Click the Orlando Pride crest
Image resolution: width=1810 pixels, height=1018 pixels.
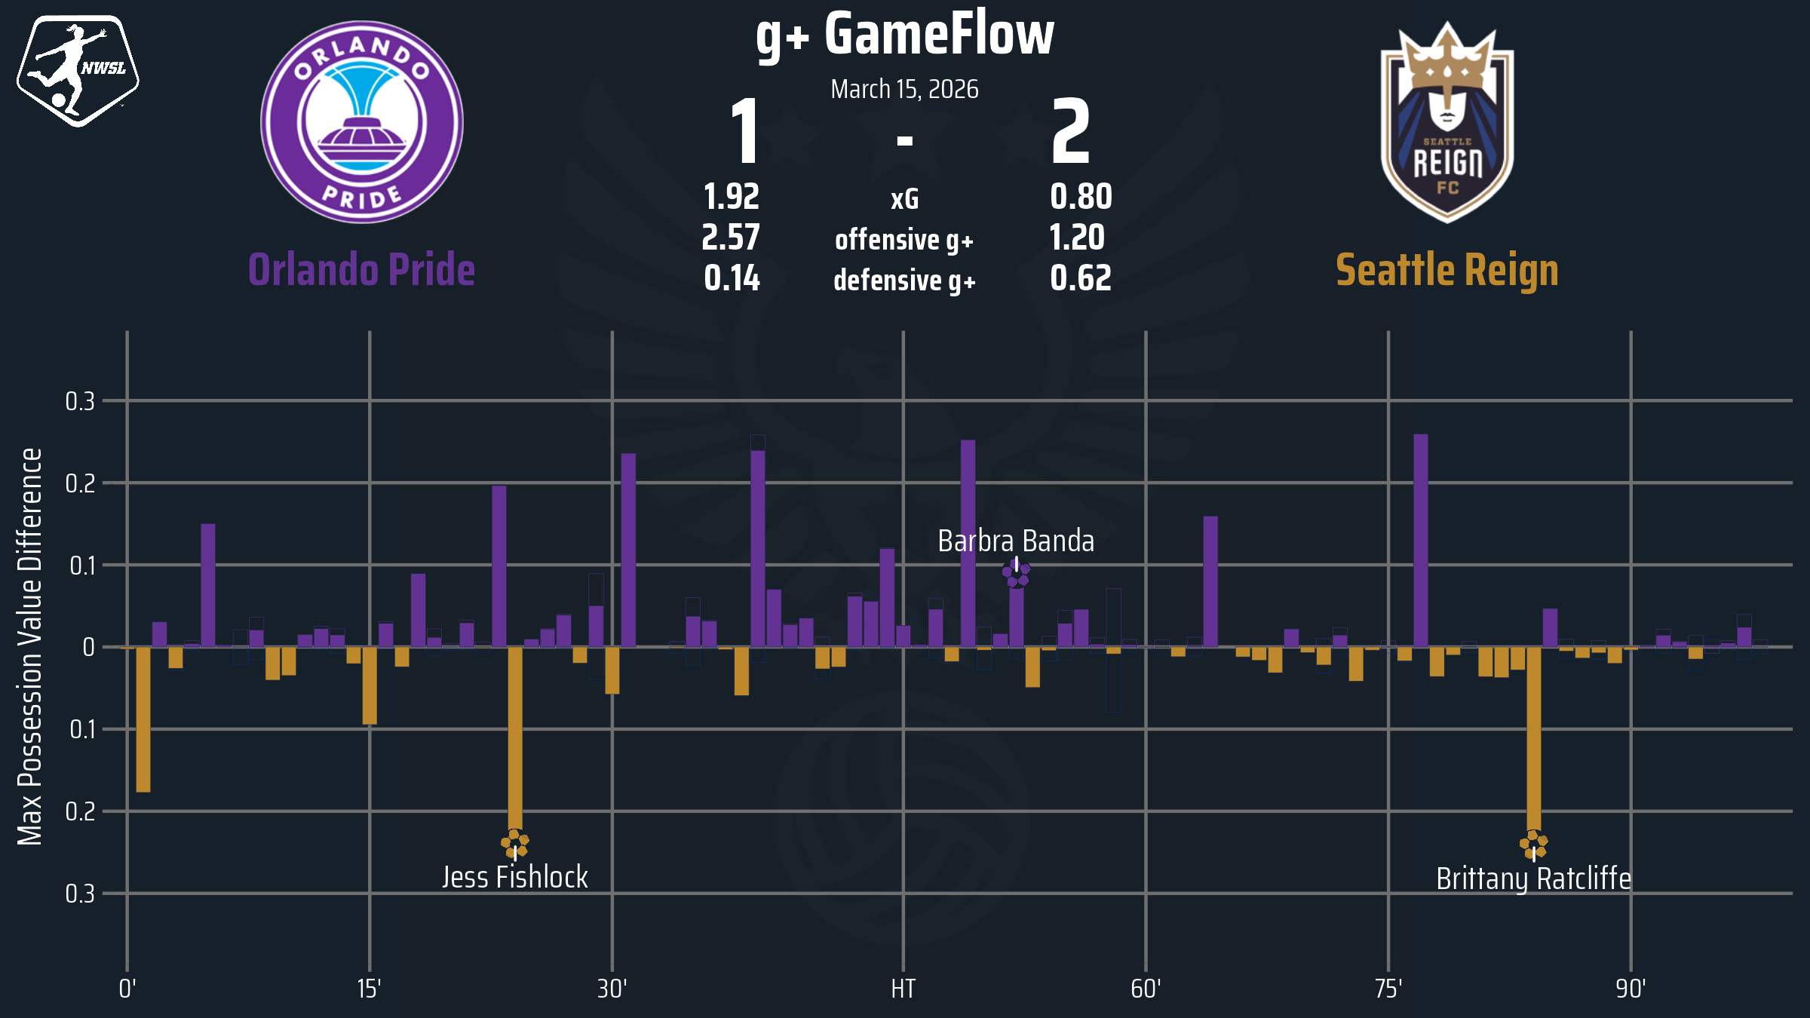click(x=362, y=122)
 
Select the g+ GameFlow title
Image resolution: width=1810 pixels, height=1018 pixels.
click(x=904, y=35)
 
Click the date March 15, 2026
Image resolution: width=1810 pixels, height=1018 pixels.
click(x=904, y=90)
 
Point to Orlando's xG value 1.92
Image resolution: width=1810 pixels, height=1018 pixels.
click(x=731, y=198)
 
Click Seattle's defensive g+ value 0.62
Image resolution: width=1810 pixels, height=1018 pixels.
click(x=1080, y=278)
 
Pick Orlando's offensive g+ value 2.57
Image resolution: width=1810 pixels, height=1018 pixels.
click(x=731, y=238)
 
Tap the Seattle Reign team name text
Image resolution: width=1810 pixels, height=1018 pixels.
click(x=1446, y=270)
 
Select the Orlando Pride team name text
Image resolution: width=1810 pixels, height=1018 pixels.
click(x=362, y=270)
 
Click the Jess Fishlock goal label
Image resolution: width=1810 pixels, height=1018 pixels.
click(x=514, y=878)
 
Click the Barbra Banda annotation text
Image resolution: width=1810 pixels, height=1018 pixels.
click(x=1016, y=541)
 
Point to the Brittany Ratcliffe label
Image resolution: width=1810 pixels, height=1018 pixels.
click(x=1533, y=879)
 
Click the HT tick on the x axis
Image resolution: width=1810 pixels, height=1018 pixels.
click(x=903, y=989)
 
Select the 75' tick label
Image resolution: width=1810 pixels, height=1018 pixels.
click(x=1388, y=989)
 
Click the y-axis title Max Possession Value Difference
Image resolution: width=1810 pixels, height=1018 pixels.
click(x=30, y=646)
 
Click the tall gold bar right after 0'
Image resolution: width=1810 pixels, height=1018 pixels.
click(x=143, y=719)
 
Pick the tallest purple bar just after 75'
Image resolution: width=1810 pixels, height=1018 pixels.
click(x=1420, y=540)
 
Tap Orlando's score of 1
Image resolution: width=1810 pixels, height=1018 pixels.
click(x=745, y=132)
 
